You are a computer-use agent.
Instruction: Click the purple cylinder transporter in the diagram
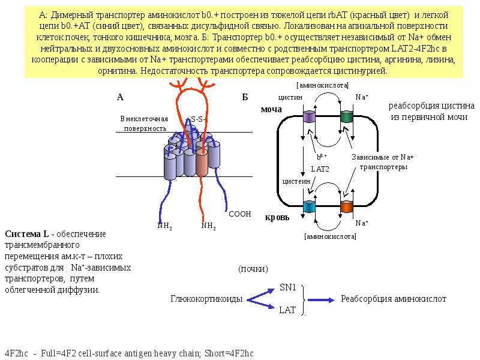[310, 118]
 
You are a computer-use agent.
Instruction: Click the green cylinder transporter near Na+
[347, 118]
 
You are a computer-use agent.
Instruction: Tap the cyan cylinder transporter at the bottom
[310, 207]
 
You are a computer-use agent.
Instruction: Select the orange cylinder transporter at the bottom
[347, 207]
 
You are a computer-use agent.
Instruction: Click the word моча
[271, 110]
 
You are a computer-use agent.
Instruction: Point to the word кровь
[277, 217]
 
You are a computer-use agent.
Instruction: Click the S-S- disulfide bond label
[198, 119]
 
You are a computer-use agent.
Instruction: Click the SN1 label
[288, 287]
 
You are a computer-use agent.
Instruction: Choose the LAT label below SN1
[287, 310]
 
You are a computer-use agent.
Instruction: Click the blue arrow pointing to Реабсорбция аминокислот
[322, 299]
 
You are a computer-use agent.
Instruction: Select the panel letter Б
[245, 97]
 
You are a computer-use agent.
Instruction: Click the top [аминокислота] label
[323, 86]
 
